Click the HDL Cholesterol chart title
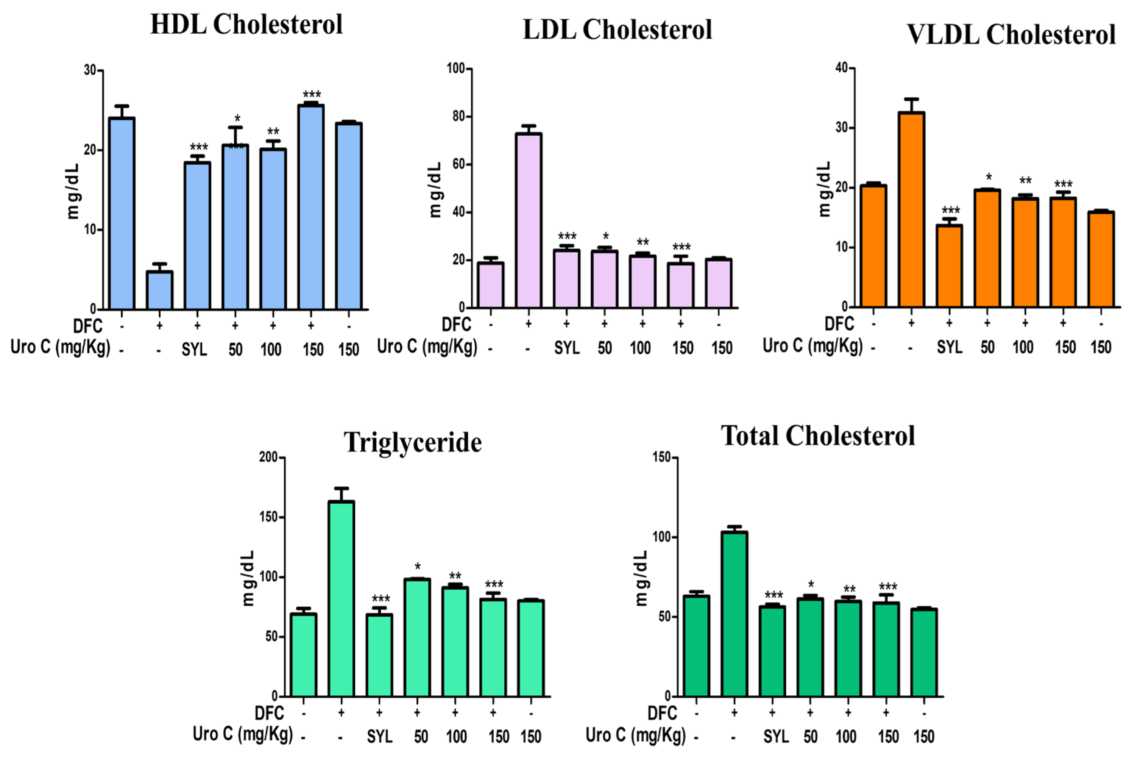pyautogui.click(x=246, y=24)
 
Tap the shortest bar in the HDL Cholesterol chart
pyautogui.click(x=159, y=290)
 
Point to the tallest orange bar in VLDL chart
pyautogui.click(x=911, y=209)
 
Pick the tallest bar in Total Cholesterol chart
pyautogui.click(x=734, y=614)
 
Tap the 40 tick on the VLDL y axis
pyautogui.click(x=842, y=68)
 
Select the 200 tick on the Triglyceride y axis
pyautogui.click(x=269, y=457)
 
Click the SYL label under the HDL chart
pyautogui.click(x=194, y=350)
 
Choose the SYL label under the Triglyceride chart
pyautogui.click(x=379, y=737)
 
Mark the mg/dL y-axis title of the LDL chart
pyautogui.click(x=435, y=189)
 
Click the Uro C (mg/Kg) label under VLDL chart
pyautogui.click(x=812, y=346)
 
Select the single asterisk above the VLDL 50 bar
pyautogui.click(x=989, y=177)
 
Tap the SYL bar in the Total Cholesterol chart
pyautogui.click(x=772, y=651)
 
